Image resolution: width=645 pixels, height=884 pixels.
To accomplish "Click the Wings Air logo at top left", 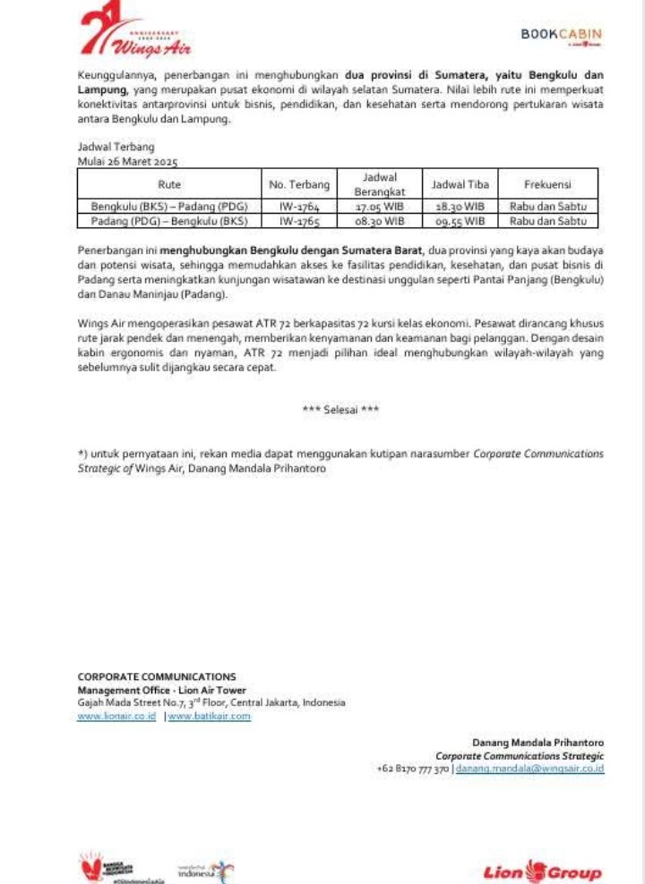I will (134, 35).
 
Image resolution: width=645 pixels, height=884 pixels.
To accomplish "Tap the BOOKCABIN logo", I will (562, 35).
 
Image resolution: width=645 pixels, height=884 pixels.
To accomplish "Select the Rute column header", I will (168, 184).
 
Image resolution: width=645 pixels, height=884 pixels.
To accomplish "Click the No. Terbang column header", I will (299, 184).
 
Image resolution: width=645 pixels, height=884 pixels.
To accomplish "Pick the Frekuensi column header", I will (547, 184).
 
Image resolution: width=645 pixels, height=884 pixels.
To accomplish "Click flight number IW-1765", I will (299, 220).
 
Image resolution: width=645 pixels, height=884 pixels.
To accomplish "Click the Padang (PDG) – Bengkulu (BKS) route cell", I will (168, 220).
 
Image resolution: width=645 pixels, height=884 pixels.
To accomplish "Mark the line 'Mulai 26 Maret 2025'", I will (128, 162).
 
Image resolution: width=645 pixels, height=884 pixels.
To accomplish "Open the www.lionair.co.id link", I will (117, 716).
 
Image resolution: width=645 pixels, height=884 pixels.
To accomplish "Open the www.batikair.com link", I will (210, 716).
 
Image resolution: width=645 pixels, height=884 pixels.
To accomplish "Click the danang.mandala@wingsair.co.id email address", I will (529, 769).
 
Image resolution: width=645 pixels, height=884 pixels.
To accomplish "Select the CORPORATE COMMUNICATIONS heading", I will (157, 677).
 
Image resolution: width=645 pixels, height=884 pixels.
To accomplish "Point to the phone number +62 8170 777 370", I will (413, 769).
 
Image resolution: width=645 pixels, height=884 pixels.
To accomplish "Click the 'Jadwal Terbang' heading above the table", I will (116, 147).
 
